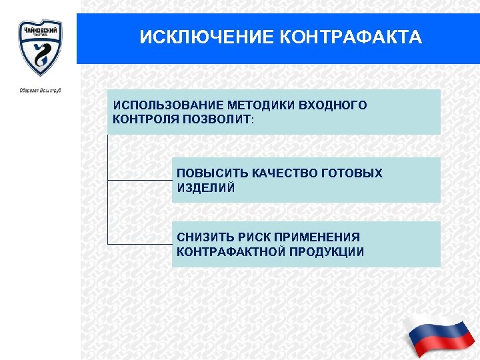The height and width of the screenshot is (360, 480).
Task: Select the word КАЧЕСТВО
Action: point(285,173)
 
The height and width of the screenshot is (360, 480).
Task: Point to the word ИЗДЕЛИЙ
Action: point(206,188)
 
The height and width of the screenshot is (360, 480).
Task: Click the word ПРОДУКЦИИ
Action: point(325,252)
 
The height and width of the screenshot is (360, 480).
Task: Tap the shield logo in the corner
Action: point(39,47)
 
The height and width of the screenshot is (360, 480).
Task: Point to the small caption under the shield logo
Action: point(40,90)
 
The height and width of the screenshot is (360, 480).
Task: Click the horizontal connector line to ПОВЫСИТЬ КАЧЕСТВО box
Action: point(139,180)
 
